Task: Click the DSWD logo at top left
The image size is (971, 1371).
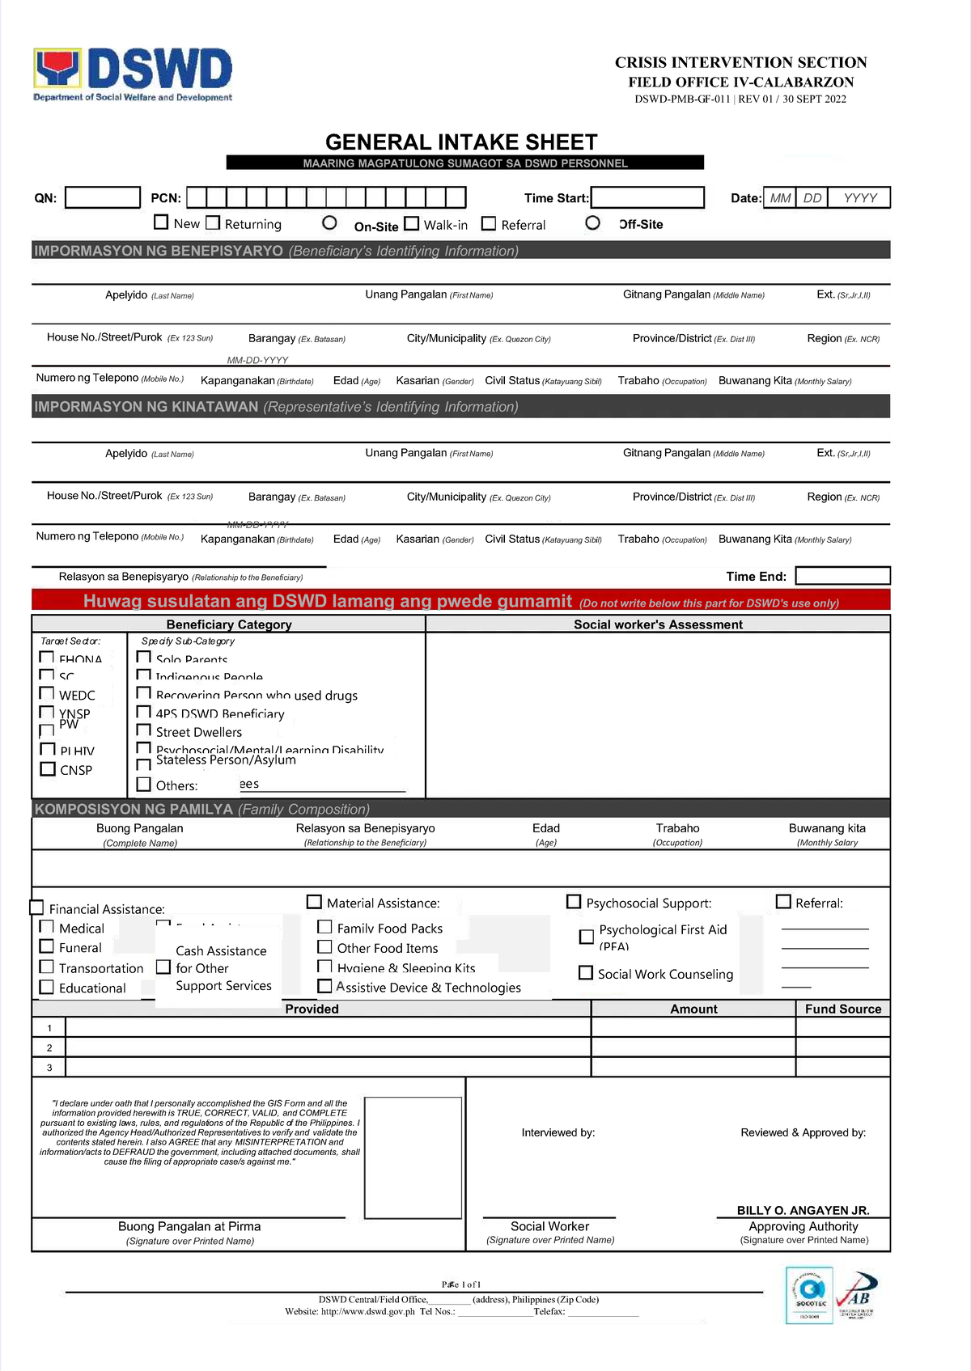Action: pyautogui.click(x=133, y=73)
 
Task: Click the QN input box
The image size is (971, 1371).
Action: pyautogui.click(x=103, y=197)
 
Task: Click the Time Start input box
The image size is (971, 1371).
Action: pyautogui.click(x=647, y=197)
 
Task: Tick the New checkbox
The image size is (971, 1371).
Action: pyautogui.click(x=161, y=222)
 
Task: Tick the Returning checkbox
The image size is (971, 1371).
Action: pyautogui.click(x=213, y=222)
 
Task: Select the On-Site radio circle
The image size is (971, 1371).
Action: pyautogui.click(x=329, y=222)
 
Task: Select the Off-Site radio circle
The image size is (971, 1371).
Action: pyautogui.click(x=593, y=222)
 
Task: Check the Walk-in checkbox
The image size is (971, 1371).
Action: pyautogui.click(x=412, y=223)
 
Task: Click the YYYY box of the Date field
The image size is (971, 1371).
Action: pyautogui.click(x=859, y=198)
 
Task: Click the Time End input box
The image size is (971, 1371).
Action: pyautogui.click(x=842, y=576)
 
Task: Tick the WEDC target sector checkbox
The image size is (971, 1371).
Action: pyautogui.click(x=48, y=694)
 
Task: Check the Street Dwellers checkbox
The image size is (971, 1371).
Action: pyautogui.click(x=144, y=730)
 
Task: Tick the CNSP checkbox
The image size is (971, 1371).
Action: pyautogui.click(x=48, y=769)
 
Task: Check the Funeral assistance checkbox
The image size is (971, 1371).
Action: pyautogui.click(x=47, y=946)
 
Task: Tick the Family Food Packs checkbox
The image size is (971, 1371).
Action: pyautogui.click(x=324, y=927)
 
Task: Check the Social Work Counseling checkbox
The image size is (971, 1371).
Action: pyautogui.click(x=586, y=973)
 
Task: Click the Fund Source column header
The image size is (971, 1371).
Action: pyautogui.click(x=842, y=1009)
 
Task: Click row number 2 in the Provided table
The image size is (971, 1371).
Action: pyautogui.click(x=49, y=1047)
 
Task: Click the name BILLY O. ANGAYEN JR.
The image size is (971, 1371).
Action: pyautogui.click(x=803, y=1210)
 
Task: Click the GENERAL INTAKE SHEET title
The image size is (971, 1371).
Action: pyautogui.click(x=461, y=142)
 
